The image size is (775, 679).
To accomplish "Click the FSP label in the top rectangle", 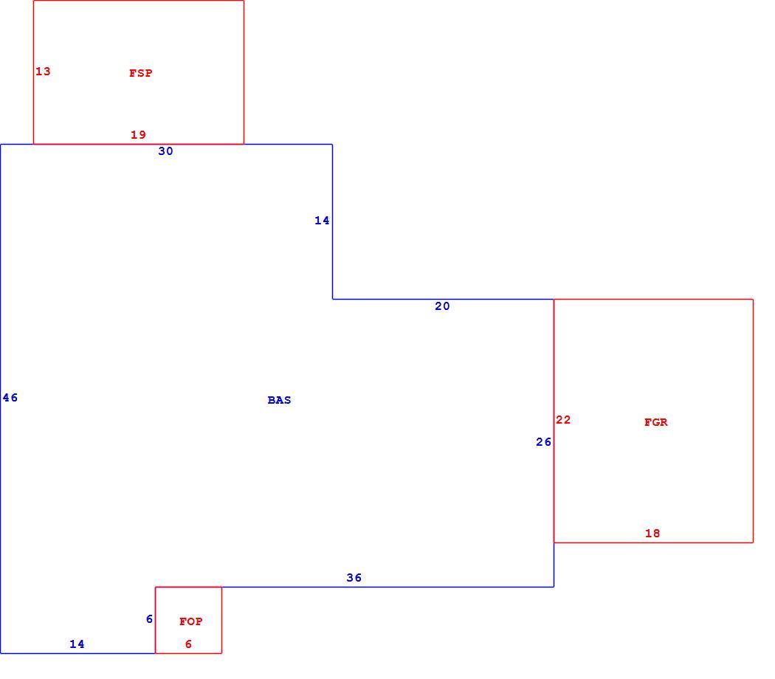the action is [141, 73].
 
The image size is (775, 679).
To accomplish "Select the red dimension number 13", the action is [43, 72].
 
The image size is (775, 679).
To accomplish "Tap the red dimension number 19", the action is [139, 134].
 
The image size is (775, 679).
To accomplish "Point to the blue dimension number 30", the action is [165, 151].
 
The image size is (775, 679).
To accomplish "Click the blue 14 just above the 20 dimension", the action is [322, 221].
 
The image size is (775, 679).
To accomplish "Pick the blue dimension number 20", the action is [442, 306].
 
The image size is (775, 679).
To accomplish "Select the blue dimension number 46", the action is [10, 398].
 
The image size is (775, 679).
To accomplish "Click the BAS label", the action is [279, 400].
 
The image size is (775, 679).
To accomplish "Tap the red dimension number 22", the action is [563, 420].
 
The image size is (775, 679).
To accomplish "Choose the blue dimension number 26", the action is [544, 442].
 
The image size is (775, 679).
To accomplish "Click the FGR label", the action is [656, 422].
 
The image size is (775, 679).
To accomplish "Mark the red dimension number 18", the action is [652, 533].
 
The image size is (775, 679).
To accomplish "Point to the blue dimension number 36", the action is [354, 578].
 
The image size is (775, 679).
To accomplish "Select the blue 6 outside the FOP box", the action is [149, 619].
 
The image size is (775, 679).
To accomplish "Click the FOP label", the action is [190, 621].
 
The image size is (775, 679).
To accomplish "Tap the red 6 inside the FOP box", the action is [188, 644].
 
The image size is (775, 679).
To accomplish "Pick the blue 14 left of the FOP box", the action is [77, 644].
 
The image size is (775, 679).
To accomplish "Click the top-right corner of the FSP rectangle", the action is [244, 1].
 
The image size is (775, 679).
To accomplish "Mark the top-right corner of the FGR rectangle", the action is [754, 299].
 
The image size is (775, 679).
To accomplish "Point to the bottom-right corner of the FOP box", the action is [222, 653].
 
